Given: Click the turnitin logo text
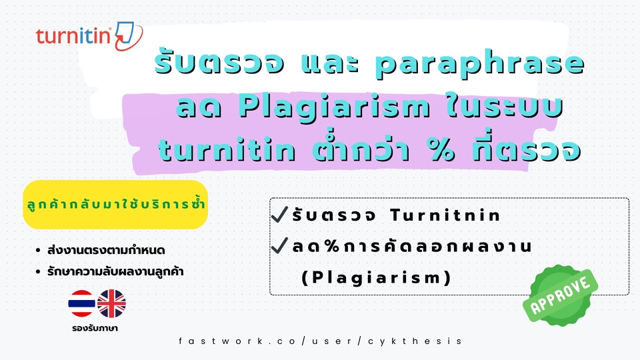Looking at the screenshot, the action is (73, 36).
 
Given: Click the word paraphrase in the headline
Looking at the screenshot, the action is (480, 65).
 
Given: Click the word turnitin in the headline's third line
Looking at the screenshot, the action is (227, 149).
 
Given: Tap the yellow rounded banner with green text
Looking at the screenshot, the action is (115, 205).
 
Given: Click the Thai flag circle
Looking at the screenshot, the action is (81, 303).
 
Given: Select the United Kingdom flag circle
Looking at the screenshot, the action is (111, 303).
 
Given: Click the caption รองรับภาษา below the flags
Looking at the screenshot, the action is (95, 328).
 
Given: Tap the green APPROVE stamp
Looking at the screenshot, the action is (560, 295).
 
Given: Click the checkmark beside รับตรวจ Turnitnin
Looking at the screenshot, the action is (279, 214).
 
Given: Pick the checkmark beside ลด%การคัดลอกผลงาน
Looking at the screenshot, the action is (279, 245).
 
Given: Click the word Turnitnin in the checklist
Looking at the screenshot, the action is (445, 215).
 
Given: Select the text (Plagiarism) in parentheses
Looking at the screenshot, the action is (376, 277).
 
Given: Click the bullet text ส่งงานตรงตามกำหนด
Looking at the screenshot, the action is (106, 250).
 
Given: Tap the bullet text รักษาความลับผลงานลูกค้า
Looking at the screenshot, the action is (115, 271).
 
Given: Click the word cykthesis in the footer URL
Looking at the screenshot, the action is (415, 341).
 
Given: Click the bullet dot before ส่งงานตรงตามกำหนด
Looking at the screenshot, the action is (39, 250).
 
